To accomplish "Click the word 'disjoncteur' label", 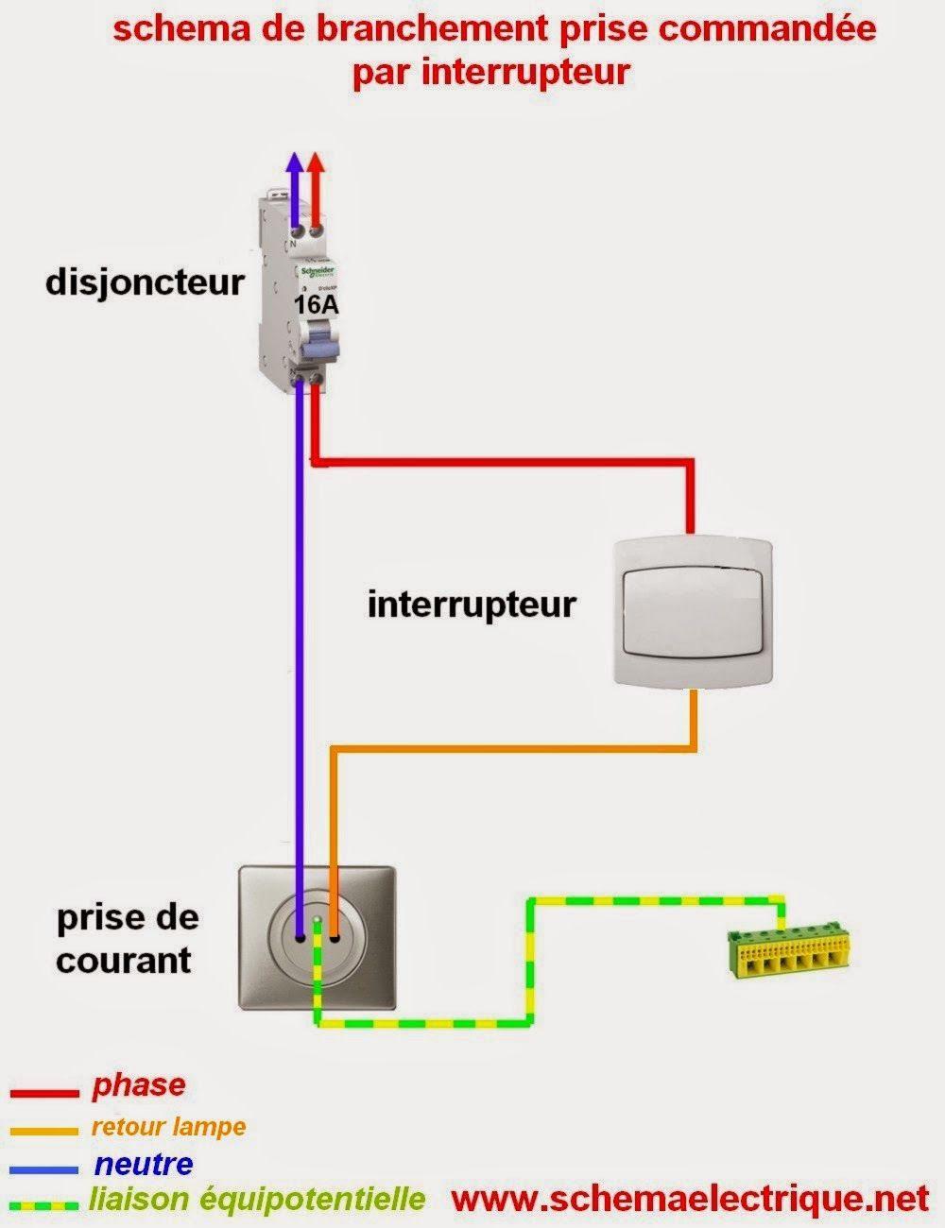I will click(x=145, y=282).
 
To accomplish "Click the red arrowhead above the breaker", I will click(x=317, y=165).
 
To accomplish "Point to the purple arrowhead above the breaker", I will click(x=296, y=165).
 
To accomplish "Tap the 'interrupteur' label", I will click(x=472, y=604).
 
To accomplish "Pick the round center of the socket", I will click(x=316, y=937).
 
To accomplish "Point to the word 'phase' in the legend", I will click(x=138, y=1085).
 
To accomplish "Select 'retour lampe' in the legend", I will click(x=168, y=1126).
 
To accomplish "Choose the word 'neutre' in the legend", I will click(x=144, y=1164).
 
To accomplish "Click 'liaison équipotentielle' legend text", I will click(x=256, y=1200).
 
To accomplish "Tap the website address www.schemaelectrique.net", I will click(x=691, y=1199).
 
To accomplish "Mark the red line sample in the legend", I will click(x=43, y=1094).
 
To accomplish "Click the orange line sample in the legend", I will click(x=43, y=1131).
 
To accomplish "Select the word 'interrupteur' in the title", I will click(x=525, y=72).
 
